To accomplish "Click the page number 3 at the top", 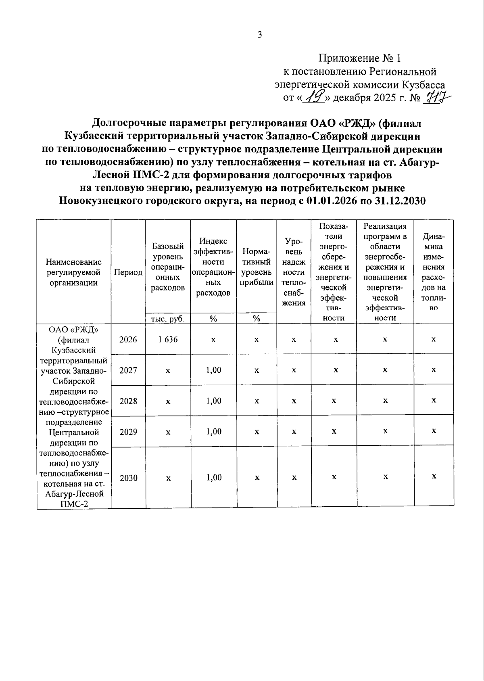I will coord(260,35).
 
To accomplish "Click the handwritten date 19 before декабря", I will coord(315,96).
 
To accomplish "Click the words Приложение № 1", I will coord(360,58).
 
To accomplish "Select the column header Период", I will coord(128,272).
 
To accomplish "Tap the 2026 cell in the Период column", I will coord(128,339).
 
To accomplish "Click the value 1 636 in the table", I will coord(168,339).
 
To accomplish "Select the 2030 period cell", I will coord(128,478).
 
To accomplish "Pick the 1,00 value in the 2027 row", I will coord(213,370).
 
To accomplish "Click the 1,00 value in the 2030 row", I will coord(213,478).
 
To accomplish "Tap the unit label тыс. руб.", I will coord(168,319).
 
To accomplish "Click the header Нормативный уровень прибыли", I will coord(257,267).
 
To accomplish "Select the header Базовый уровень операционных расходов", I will coord(168,267).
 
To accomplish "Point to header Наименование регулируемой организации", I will coord(74,272).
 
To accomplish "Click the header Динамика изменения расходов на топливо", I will coord(434,272).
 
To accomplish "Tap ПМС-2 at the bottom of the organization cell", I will coord(74,504).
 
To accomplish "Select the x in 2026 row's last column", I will coord(434,339).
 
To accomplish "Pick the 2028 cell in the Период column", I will coord(128,401).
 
